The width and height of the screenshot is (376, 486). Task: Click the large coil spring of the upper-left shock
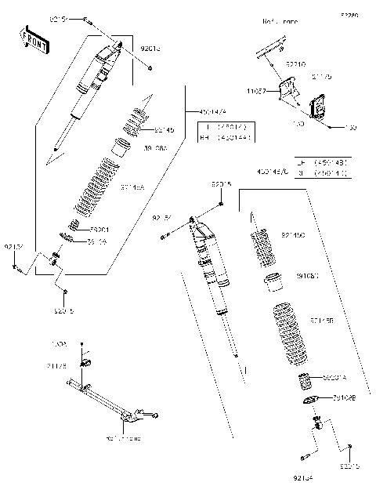pos(98,188)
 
